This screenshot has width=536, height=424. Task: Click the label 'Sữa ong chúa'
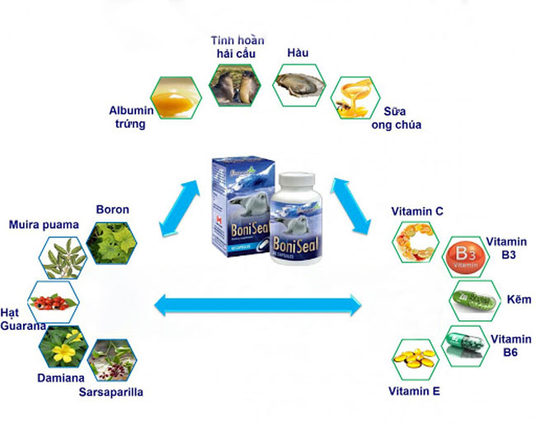pos(402,118)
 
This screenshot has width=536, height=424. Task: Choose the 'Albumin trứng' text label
pos(127,117)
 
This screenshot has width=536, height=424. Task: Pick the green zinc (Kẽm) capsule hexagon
pos(474,299)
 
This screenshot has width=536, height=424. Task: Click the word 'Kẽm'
pos(520,299)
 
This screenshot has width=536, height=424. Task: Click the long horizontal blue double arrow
pos(257,307)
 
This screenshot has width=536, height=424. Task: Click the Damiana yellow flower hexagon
pos(63,348)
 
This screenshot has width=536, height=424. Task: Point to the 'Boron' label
pos(112,210)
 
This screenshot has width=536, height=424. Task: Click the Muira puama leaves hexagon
pos(64,257)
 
